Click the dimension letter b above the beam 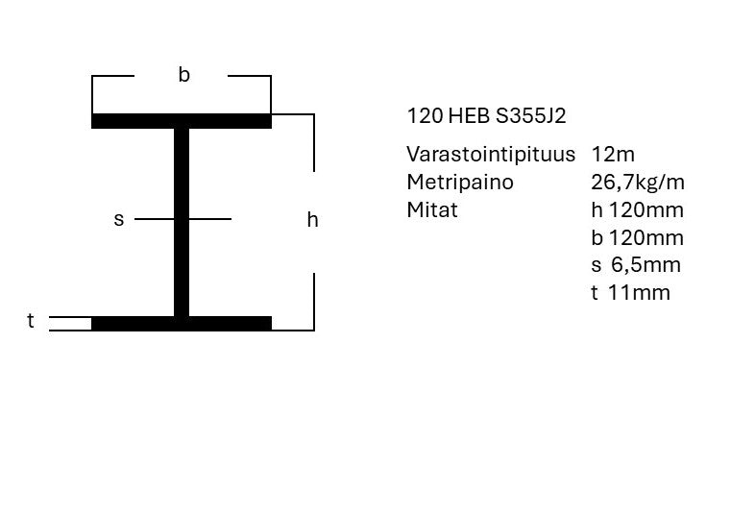coord(183,75)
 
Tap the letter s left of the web coord(119,219)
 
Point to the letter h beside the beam coord(312,220)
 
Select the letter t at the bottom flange coord(31,320)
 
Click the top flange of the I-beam coord(182,121)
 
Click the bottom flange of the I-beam coord(182,324)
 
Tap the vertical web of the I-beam coord(182,223)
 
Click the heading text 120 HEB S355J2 coord(486,116)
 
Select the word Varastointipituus coord(491,154)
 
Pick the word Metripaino coord(460,183)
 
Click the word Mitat coord(432,210)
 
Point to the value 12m coord(613,154)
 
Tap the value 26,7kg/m coord(638,183)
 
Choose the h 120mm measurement coord(638,210)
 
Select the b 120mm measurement coord(638,238)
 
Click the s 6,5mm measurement coord(636,265)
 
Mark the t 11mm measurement coord(631,292)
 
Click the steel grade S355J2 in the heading coord(530,116)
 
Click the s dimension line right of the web coord(210,219)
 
